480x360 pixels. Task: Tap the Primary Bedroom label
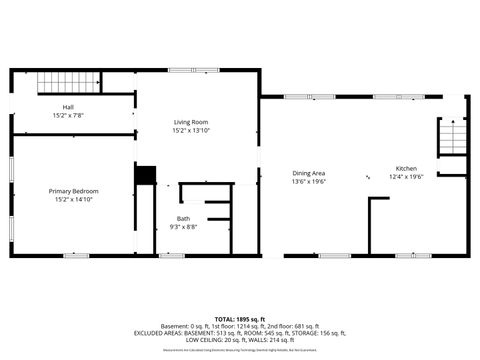pos(74,190)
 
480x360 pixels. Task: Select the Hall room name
pos(68,106)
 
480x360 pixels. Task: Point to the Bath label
pos(184,218)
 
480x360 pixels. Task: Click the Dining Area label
pos(309,173)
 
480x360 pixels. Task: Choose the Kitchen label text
pos(406,168)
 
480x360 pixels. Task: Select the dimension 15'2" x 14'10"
pos(74,199)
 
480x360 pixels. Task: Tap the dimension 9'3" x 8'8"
pos(184,227)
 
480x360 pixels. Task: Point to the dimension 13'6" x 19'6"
pos(309,182)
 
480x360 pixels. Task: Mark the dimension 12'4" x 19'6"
pos(406,177)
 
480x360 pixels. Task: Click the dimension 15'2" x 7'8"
pos(68,115)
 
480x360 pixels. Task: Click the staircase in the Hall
pos(58,83)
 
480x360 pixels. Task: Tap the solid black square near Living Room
pos(146,176)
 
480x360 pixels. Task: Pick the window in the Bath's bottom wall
pos(171,256)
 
